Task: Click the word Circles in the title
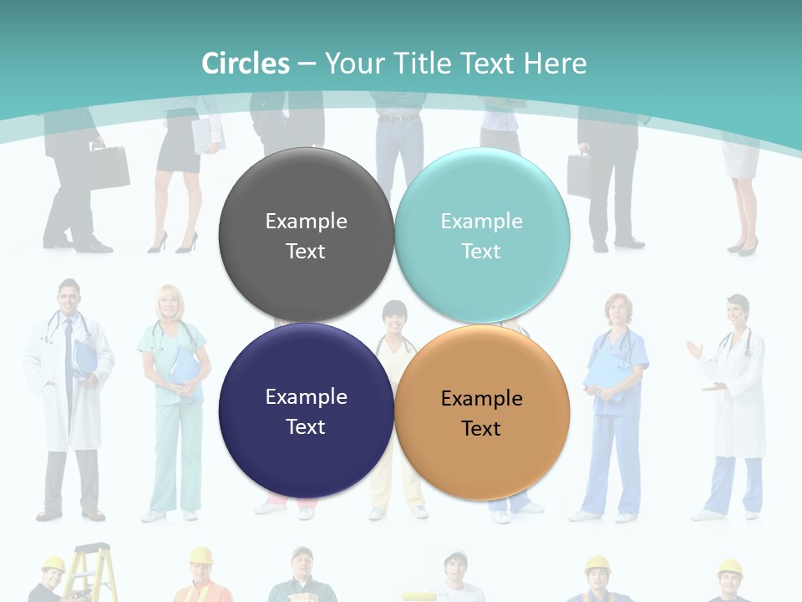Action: [x=246, y=64]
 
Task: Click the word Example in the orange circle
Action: [x=482, y=399]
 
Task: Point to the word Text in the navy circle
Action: [x=306, y=426]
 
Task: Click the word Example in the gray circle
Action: [x=306, y=221]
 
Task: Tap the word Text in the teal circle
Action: [x=482, y=251]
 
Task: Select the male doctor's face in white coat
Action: [x=69, y=298]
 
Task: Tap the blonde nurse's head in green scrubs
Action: [x=170, y=302]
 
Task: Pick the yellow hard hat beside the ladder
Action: [x=53, y=564]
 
